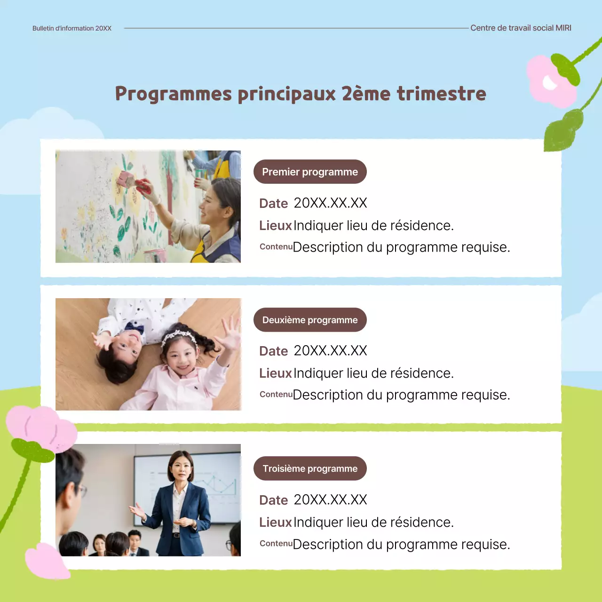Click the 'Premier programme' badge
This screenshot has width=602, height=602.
(310, 172)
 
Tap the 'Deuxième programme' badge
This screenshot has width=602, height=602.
(310, 320)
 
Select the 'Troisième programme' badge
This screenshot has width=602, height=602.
(310, 469)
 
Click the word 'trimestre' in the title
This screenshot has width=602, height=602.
(441, 94)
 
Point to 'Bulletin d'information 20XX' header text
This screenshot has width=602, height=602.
(72, 28)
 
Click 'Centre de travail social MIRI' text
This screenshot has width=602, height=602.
(521, 28)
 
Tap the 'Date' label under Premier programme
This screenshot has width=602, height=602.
(273, 204)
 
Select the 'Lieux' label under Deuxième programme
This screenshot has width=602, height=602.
(276, 373)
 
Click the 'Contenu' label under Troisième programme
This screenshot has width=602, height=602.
(276, 544)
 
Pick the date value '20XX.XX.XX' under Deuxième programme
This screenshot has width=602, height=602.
(330, 351)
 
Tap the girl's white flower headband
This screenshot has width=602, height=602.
(179, 335)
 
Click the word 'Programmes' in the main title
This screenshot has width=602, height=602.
(174, 94)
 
